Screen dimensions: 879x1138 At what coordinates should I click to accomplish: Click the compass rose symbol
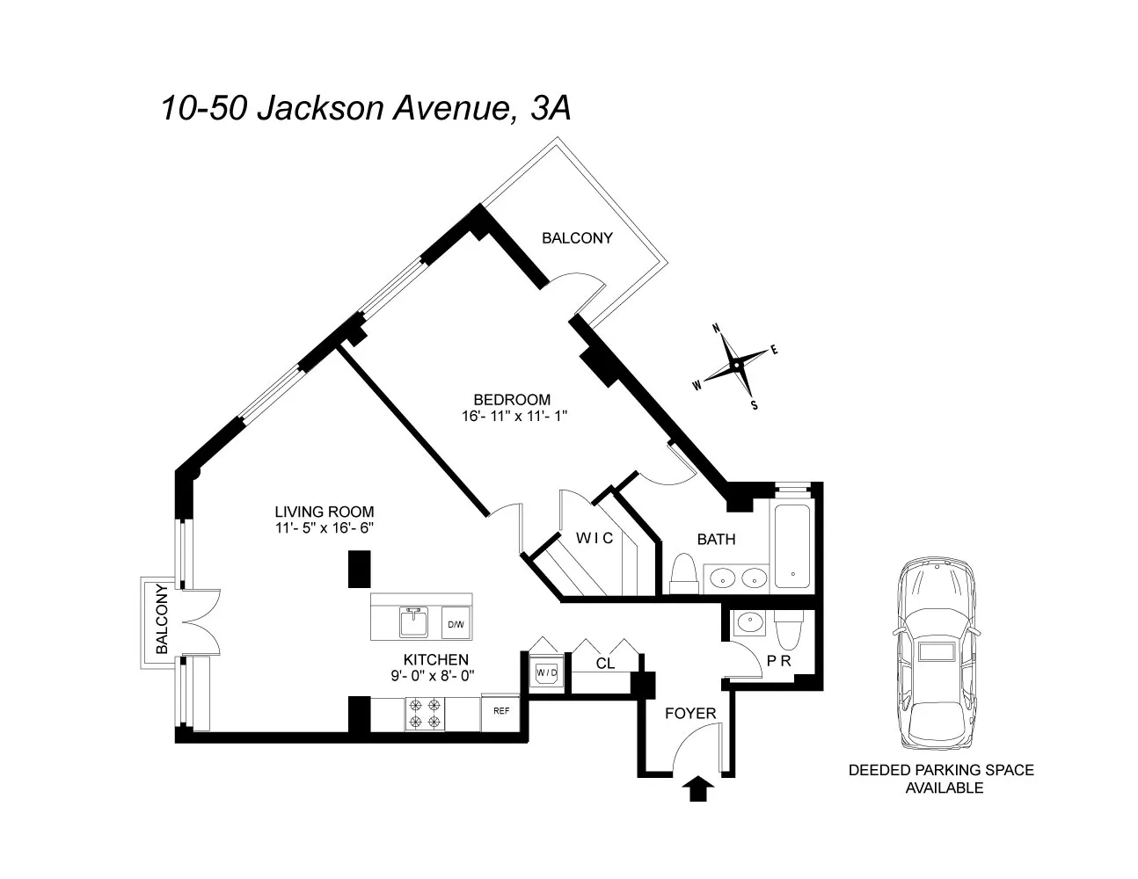coord(735,366)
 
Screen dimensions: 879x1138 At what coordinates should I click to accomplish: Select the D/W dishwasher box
coord(456,625)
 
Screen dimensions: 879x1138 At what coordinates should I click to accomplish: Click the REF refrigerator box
coord(500,712)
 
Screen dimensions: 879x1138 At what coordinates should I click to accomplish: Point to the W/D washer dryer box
coord(547,673)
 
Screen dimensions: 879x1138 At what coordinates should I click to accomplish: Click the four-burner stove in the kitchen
coord(425,713)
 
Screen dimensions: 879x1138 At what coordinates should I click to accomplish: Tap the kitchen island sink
coord(412,622)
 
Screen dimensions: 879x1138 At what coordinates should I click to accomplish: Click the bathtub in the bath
coord(793,547)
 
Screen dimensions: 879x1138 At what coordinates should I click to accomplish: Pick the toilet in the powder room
coord(788,630)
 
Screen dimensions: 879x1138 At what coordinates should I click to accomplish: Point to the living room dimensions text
coord(325,528)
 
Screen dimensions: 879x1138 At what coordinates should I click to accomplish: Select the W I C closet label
coord(595,538)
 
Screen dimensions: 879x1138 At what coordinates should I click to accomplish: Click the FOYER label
coord(689,713)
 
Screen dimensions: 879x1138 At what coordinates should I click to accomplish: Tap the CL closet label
coord(605,665)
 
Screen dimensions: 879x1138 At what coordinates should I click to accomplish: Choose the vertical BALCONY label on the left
coord(161,620)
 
